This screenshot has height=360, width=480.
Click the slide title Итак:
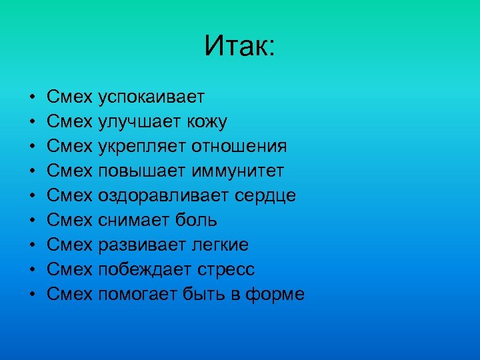point(239,46)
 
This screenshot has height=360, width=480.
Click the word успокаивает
point(151,98)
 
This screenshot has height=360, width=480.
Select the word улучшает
point(137,123)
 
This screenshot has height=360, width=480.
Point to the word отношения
point(239,147)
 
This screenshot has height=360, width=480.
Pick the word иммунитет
point(238,171)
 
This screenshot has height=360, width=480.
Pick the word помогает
point(139,294)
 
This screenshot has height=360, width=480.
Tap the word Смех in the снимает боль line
point(69,220)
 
